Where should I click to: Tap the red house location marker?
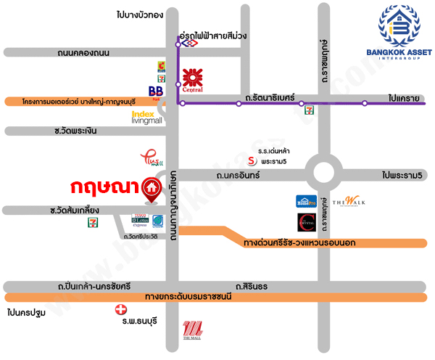(x=152, y=189)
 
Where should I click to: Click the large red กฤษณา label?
(x=104, y=188)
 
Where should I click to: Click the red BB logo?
(x=155, y=91)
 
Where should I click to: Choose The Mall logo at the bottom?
(x=192, y=330)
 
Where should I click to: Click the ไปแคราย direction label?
(x=405, y=96)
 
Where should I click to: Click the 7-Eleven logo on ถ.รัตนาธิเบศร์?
(x=310, y=110)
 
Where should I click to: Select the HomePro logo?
(x=306, y=201)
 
